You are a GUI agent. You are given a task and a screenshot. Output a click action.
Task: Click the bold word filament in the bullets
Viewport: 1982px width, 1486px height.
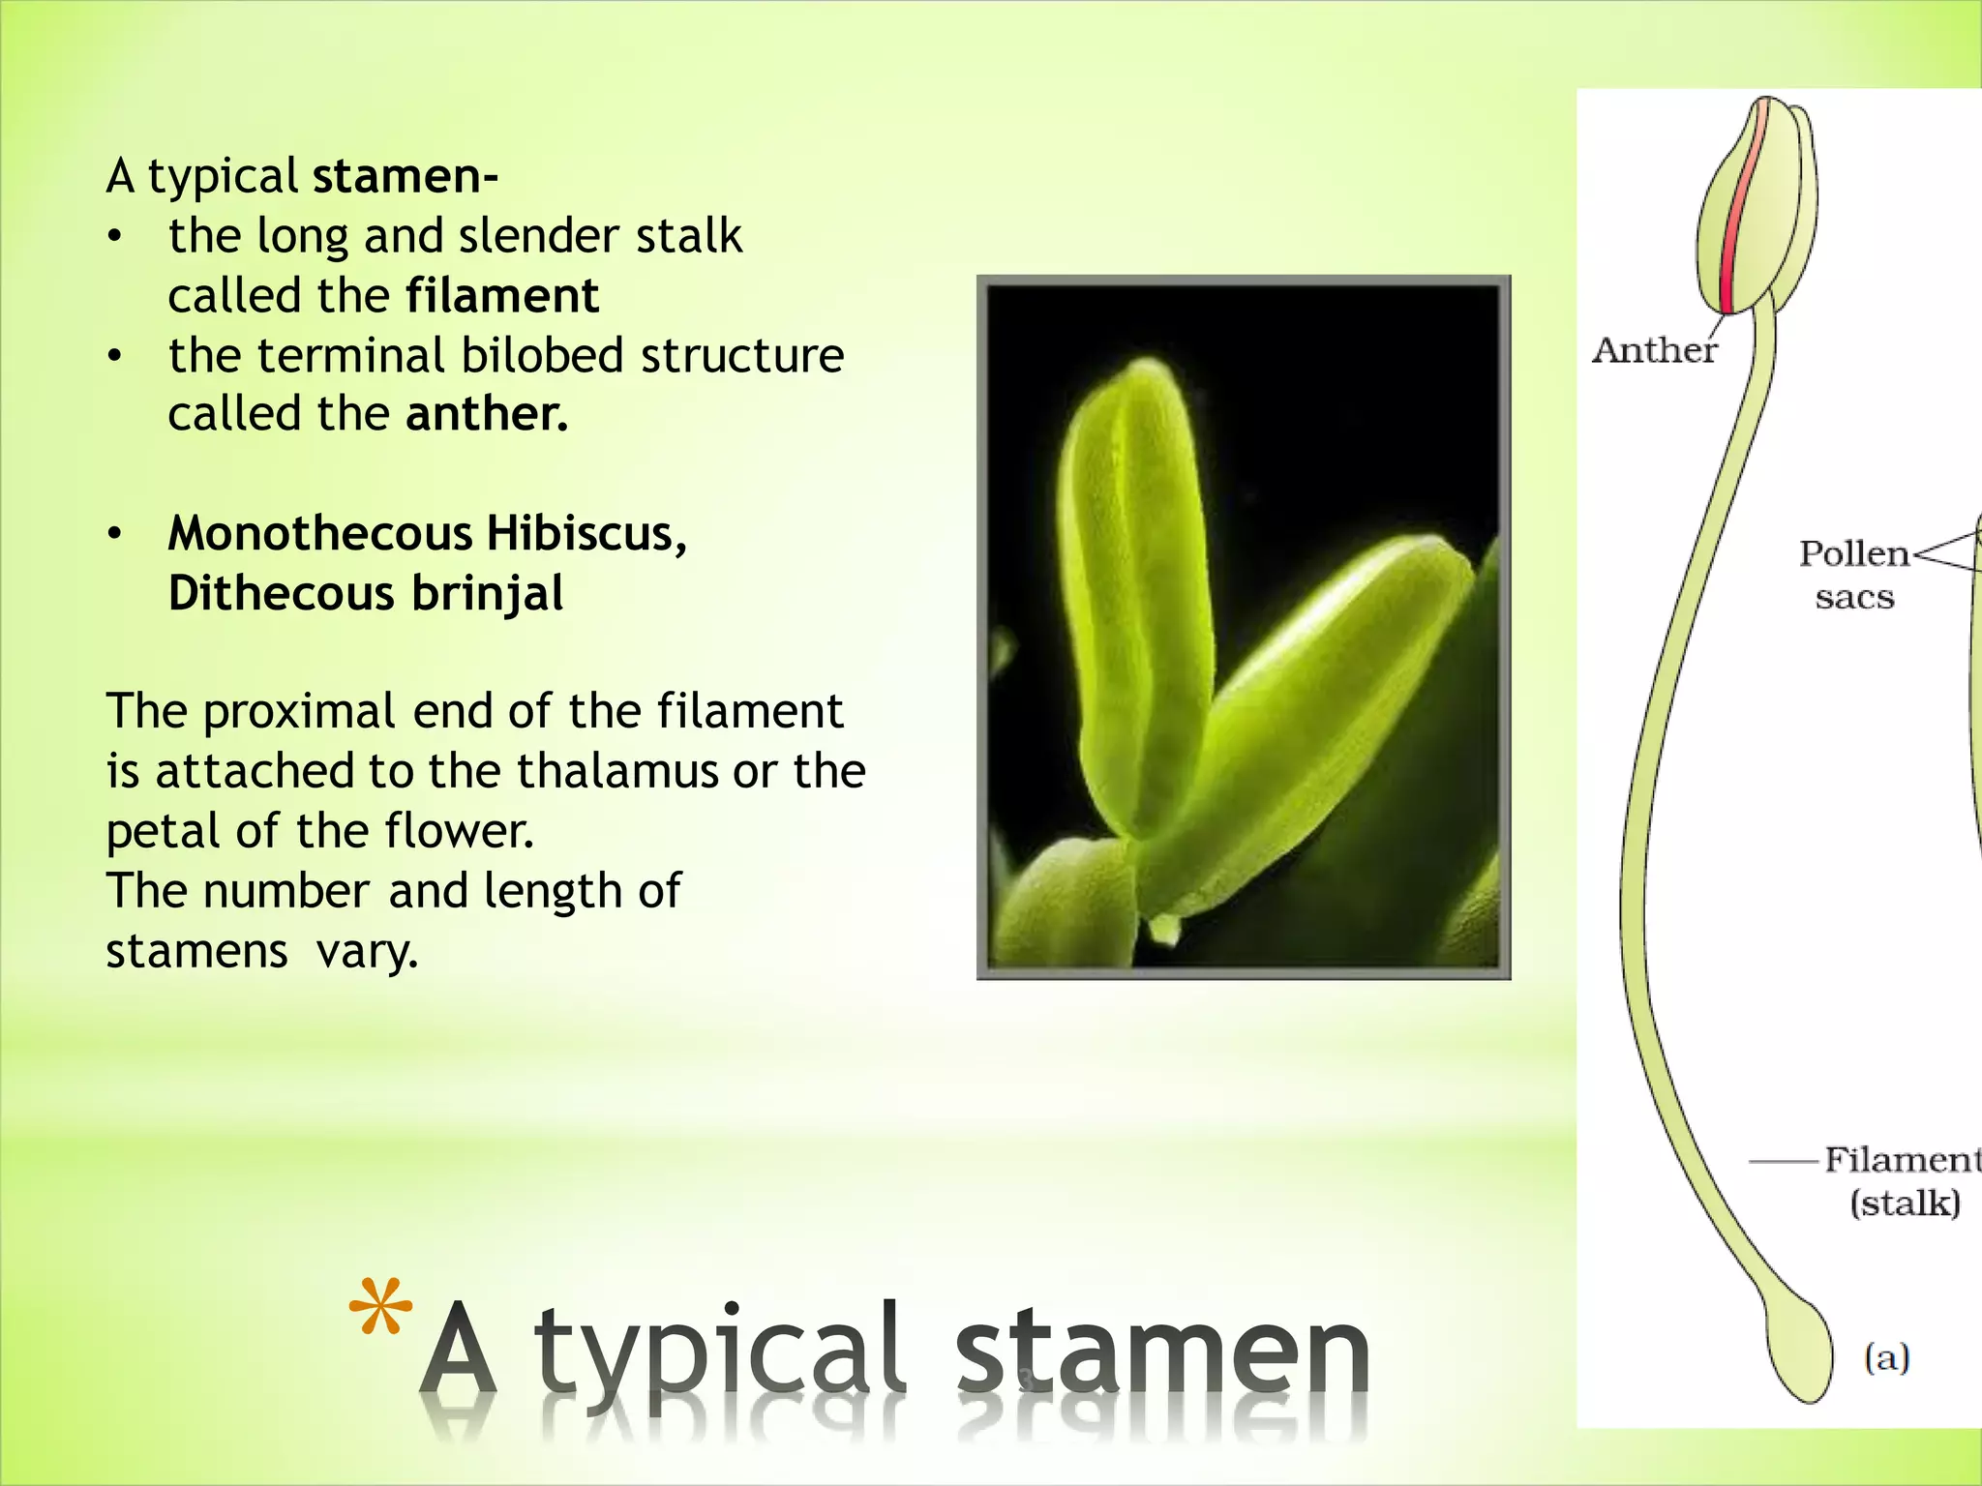point(502,296)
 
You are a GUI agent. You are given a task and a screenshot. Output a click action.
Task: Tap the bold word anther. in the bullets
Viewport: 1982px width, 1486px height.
point(487,414)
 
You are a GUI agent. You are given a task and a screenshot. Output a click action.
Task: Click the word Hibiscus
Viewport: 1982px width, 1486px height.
point(586,533)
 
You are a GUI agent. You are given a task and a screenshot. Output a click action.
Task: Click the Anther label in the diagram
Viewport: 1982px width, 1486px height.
point(1654,350)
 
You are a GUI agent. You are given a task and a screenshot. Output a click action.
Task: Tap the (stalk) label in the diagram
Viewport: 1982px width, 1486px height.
point(1905,1204)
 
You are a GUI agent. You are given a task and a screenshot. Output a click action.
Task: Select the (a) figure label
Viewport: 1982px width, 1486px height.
point(1886,1358)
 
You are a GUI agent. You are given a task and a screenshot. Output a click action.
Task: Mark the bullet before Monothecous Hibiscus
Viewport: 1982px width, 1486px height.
point(115,534)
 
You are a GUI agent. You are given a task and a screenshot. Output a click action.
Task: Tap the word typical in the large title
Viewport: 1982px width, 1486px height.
point(721,1354)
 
